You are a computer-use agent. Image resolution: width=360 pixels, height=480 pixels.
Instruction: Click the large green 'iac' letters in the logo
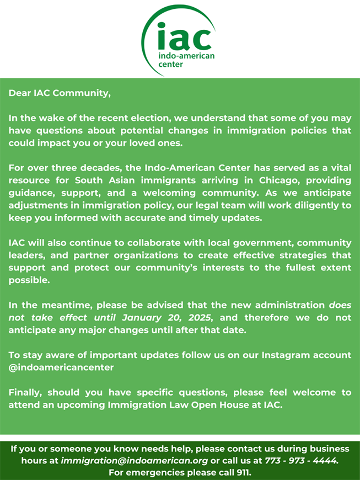[x=184, y=36]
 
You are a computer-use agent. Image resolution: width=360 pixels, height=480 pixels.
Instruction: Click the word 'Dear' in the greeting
[x=20, y=93]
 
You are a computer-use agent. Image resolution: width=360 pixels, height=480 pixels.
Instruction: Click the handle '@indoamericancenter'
[x=61, y=367]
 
